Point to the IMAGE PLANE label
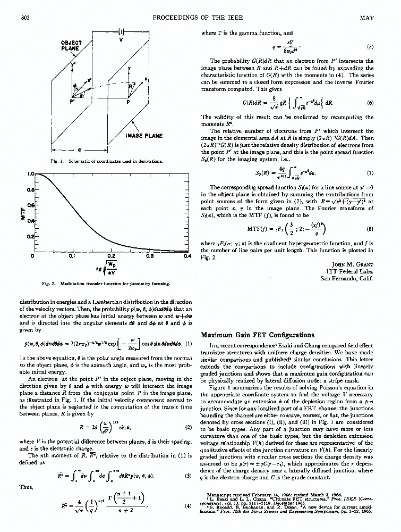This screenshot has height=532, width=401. tap(144, 136)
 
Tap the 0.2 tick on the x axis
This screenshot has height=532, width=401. tap(112, 255)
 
